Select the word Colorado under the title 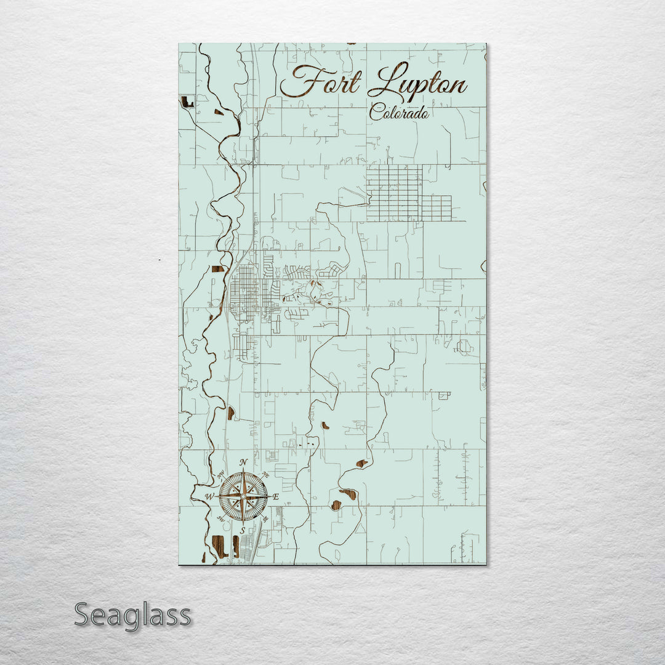(398, 113)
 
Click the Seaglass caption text (132, 615)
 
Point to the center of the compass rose (243, 496)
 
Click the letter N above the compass (243, 463)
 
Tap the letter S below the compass (243, 530)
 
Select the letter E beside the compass (276, 496)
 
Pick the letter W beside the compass (210, 496)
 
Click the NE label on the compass (265, 474)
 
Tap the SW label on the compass (220, 518)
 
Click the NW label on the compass (220, 474)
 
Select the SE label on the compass (265, 518)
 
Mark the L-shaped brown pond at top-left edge (187, 102)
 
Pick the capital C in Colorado (375, 113)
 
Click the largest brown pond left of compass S (219, 546)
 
